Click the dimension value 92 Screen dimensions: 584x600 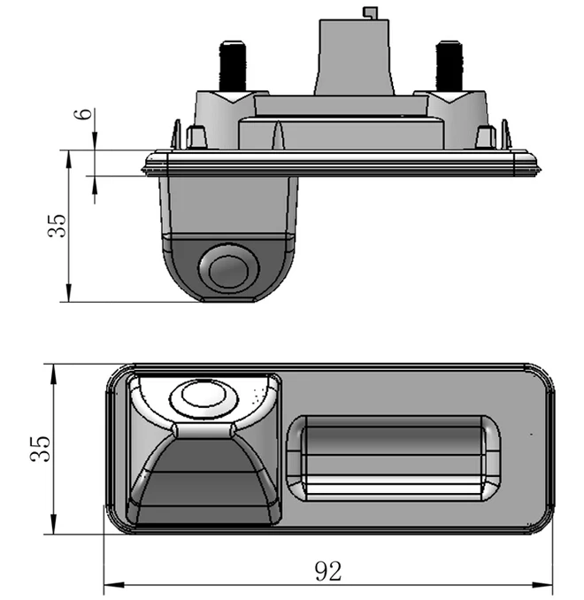327,572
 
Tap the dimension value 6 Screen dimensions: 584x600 86,113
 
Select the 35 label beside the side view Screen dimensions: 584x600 57,226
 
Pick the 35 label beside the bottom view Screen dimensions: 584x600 41,449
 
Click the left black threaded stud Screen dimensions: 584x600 233,65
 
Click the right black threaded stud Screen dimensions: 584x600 450,65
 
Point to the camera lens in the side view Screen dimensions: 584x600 229,269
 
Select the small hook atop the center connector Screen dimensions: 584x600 370,12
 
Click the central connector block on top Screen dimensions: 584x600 354,58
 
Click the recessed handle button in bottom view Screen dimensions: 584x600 393,458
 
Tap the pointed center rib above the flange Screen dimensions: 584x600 278,135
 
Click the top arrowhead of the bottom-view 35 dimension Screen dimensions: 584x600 53,373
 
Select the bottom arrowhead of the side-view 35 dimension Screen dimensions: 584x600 69,292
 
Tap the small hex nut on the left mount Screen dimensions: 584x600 196,137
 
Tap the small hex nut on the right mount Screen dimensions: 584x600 485,137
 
